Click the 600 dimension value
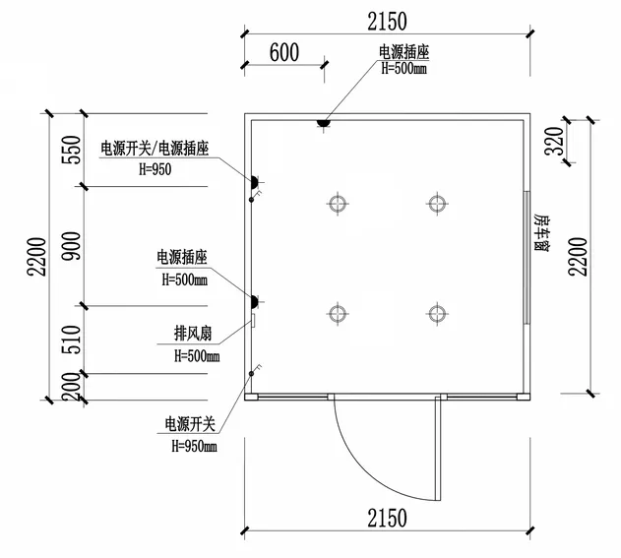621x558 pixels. coord(284,52)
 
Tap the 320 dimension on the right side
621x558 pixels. coord(554,142)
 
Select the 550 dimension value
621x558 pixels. coord(71,150)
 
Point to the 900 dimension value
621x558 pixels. coord(71,246)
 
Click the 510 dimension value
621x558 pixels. coord(71,340)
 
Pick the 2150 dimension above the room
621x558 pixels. coord(387,22)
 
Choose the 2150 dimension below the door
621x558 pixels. coord(387,518)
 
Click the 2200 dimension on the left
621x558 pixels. coord(36,257)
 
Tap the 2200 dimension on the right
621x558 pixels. coord(577,257)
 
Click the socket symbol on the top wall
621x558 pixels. coord(324,123)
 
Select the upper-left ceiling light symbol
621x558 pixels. coord(338,204)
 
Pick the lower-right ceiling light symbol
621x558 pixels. coord(437,314)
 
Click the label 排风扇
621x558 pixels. coord(193,334)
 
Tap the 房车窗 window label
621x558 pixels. coord(541,232)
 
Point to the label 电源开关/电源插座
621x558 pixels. coord(155,149)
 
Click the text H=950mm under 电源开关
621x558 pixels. coord(194,447)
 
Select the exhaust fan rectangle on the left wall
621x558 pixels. coord(253,321)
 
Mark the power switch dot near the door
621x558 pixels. coord(251,373)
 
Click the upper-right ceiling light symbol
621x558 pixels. coord(437,204)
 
